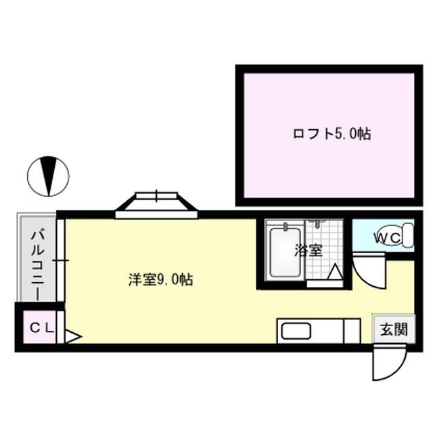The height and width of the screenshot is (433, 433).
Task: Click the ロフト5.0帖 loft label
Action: [332, 134]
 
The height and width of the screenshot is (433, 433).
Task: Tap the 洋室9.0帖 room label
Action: [161, 279]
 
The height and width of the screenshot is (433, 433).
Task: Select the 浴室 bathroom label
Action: [308, 250]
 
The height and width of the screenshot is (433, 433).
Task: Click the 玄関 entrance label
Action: [393, 330]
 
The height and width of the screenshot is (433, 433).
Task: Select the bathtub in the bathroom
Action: [284, 252]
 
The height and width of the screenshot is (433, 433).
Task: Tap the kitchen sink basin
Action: [295, 332]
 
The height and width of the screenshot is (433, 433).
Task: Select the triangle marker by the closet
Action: [72, 335]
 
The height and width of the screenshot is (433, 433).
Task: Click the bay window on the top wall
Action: [156, 204]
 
